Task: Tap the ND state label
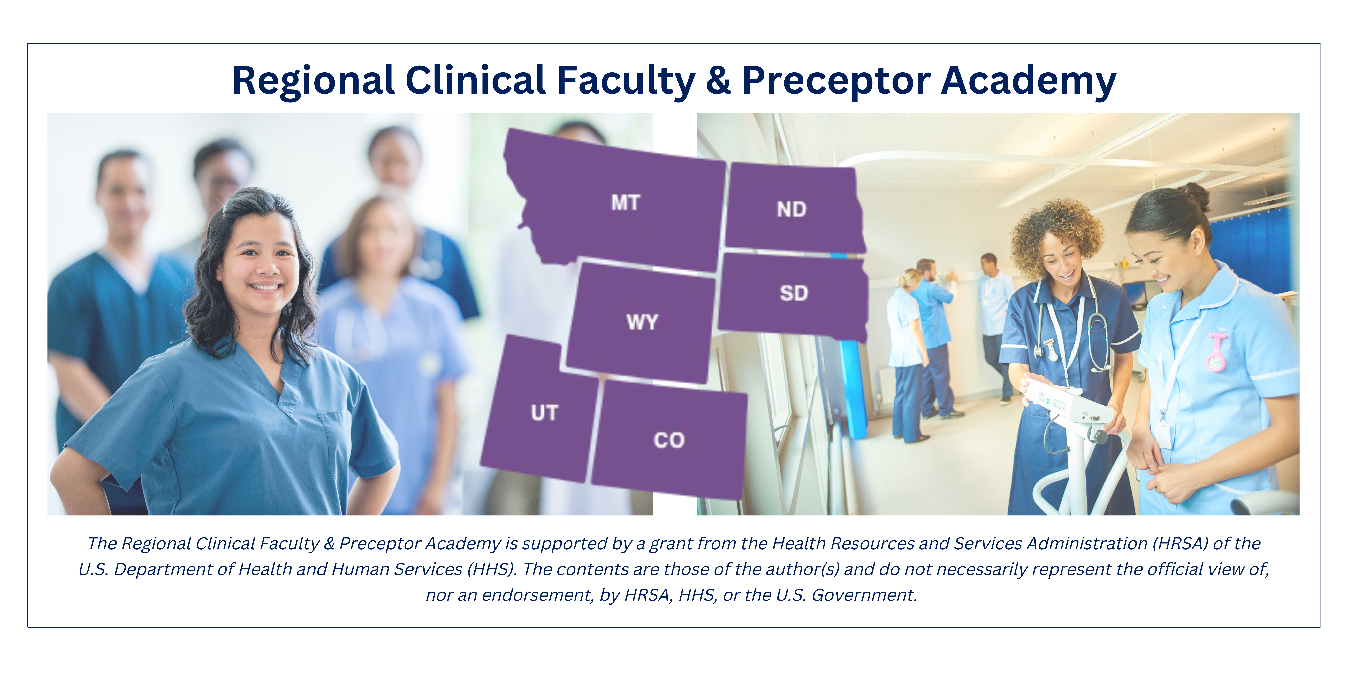tap(792, 209)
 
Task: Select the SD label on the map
tap(794, 293)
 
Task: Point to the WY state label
tap(642, 322)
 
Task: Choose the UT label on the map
tap(544, 413)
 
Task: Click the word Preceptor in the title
tap(836, 81)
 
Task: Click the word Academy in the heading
tap(1029, 81)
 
